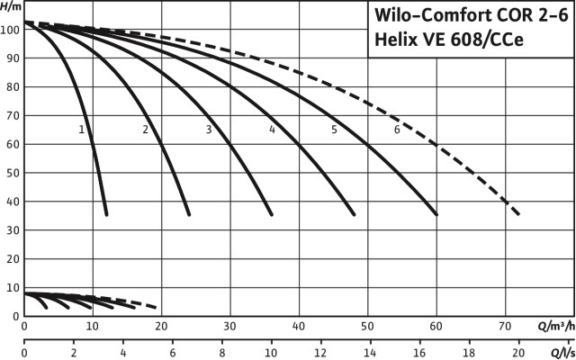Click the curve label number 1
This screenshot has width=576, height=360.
82,130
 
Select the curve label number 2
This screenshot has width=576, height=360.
145,130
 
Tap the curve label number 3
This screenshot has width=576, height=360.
208,130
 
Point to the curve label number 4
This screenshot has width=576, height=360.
271,130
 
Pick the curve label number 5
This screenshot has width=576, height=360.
334,130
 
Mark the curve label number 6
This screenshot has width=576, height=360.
397,130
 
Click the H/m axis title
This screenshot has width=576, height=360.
11,7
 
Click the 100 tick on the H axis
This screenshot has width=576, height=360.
10,29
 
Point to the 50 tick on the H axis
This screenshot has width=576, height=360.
12,173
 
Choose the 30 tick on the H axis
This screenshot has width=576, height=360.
12,230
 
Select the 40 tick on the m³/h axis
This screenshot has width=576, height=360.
299,326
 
